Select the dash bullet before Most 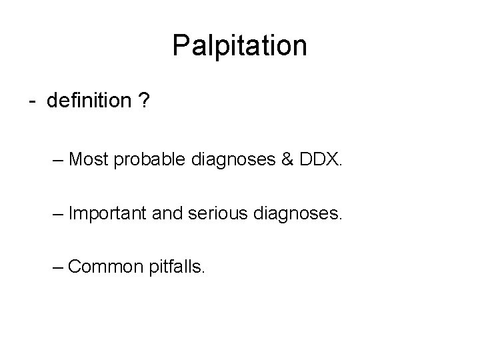(58, 161)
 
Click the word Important (109, 214)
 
